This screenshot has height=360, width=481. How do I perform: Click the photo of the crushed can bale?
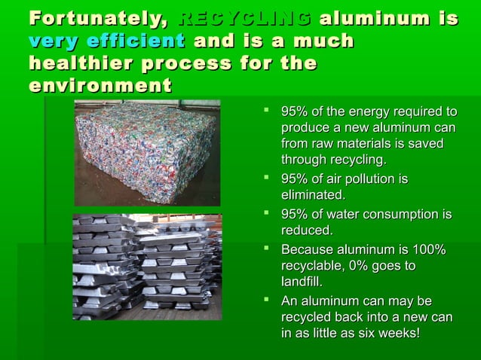146,153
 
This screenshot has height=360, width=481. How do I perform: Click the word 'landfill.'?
302,282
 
